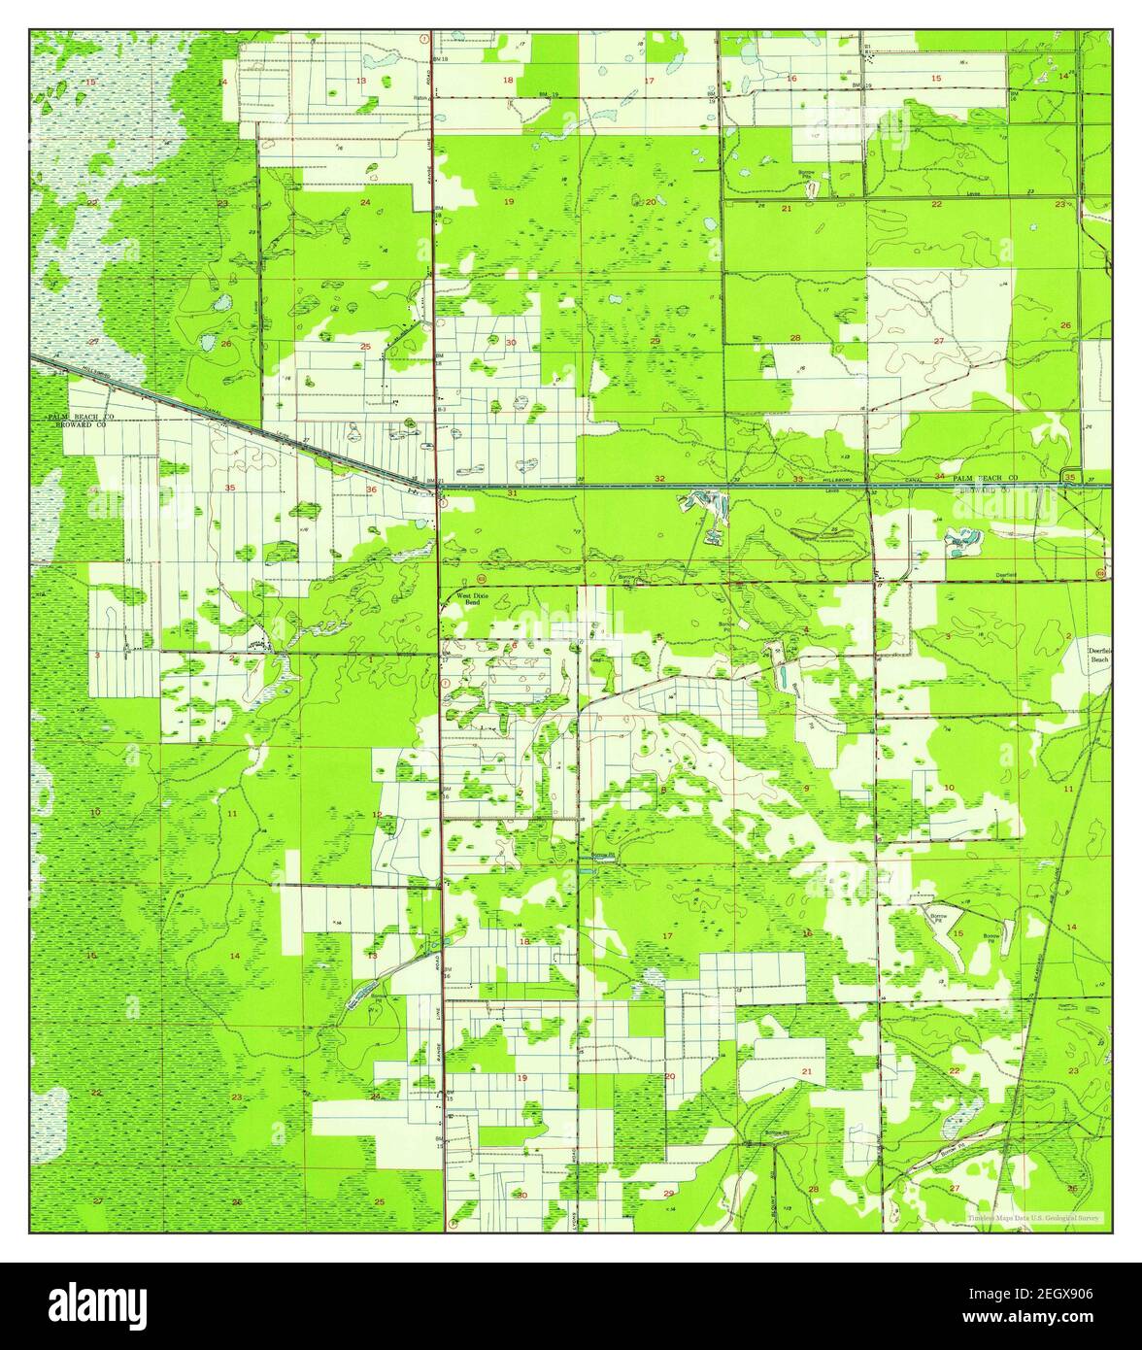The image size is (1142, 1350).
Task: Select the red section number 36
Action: click(x=372, y=489)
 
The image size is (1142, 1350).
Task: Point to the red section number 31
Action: click(x=512, y=493)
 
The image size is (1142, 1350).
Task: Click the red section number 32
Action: click(x=660, y=478)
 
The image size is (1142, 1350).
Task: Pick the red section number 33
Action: click(x=798, y=479)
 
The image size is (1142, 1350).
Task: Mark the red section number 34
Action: click(x=939, y=476)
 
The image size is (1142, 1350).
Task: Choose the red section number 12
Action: click(x=377, y=814)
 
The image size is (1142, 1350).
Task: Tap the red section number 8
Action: click(x=663, y=789)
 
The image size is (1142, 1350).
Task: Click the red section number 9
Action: click(x=805, y=788)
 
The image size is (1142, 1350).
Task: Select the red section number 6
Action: click(x=514, y=645)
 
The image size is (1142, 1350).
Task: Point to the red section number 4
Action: click(x=806, y=629)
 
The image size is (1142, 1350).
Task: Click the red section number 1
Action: click(x=371, y=659)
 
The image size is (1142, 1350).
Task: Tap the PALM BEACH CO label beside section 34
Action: click(x=985, y=479)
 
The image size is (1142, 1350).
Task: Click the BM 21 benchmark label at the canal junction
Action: click(x=433, y=482)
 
